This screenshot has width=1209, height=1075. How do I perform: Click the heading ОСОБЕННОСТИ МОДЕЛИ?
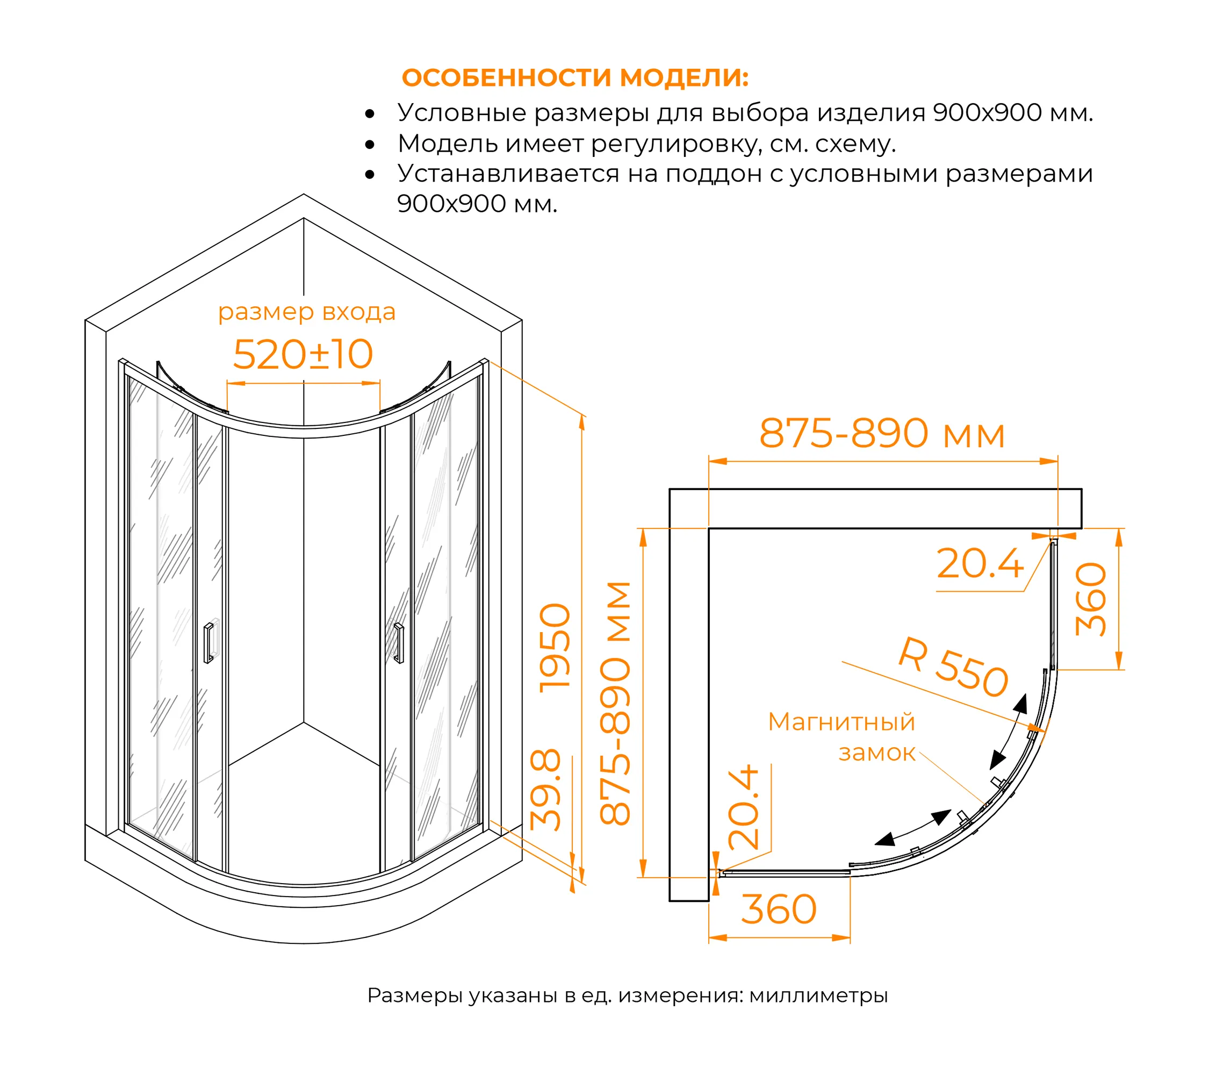click(575, 77)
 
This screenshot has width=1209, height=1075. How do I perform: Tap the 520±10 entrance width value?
click(303, 354)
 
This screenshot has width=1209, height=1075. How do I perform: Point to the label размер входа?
click(306, 312)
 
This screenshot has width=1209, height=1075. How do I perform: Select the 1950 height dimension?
click(555, 648)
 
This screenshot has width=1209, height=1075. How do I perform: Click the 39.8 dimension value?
click(545, 790)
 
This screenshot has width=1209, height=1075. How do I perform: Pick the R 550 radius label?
click(953, 667)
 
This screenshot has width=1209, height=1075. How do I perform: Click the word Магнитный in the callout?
click(841, 722)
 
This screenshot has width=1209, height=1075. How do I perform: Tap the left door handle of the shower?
click(208, 642)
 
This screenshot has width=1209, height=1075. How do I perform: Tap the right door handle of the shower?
click(399, 642)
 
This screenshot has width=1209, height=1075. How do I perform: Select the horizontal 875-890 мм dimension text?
click(882, 433)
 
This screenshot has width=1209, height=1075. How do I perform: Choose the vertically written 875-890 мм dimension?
click(615, 703)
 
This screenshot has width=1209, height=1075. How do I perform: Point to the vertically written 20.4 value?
click(743, 807)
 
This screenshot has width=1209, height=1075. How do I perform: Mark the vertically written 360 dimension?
click(1090, 599)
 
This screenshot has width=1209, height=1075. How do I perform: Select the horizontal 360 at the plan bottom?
click(779, 909)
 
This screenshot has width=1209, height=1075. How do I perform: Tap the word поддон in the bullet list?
click(714, 175)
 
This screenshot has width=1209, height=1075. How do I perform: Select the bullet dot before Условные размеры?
click(370, 113)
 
